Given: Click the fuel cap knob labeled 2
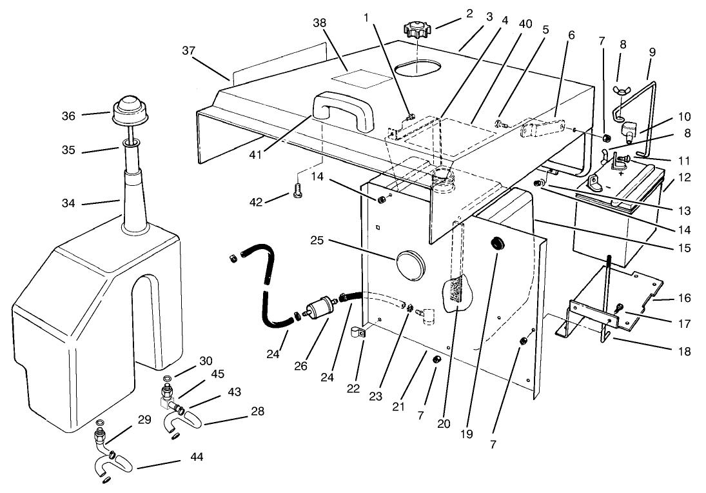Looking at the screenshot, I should pos(419,29).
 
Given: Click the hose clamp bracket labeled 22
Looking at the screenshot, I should pos(358,334).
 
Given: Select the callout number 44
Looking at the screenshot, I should pos(197,457).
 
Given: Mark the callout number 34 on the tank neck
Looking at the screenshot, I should pos(69,203).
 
